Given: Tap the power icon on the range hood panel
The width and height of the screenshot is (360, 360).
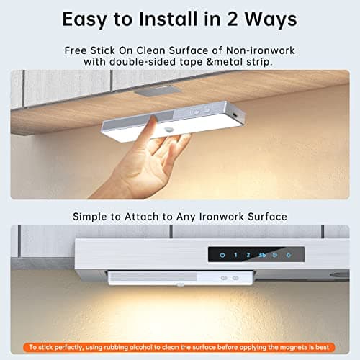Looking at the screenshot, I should click(x=222, y=255).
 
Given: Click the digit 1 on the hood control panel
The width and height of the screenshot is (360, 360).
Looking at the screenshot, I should click(x=235, y=255).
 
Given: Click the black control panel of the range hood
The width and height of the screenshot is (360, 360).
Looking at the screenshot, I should click(x=256, y=255).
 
